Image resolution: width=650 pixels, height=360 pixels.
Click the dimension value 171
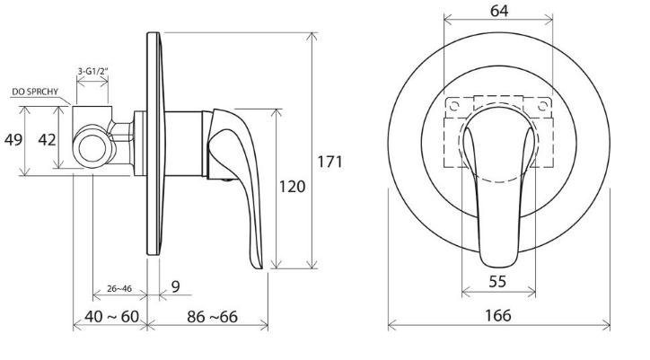(x=330, y=162)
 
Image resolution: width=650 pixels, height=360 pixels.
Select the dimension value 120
(x=292, y=187)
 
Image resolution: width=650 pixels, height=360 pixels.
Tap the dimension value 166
(x=498, y=316)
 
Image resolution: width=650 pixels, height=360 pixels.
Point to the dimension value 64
(x=498, y=11)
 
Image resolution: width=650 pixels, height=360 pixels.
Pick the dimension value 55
(x=497, y=282)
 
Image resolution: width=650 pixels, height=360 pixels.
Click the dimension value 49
(x=13, y=140)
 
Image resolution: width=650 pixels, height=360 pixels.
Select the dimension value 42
(x=47, y=140)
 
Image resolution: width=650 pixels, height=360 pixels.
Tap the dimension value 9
(x=176, y=286)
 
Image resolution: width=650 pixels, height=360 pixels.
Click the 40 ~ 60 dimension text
(x=111, y=317)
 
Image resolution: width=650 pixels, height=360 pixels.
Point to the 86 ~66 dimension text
(x=212, y=317)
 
